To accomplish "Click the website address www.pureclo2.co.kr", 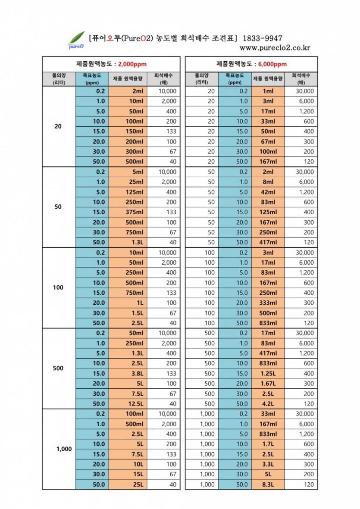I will tap(275, 48).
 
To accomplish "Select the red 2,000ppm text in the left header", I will tap(132, 64).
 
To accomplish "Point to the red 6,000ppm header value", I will tap(272, 64).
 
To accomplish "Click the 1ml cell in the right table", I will tap(268, 91).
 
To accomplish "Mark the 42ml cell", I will tap(268, 192).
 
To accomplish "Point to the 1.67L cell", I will tap(268, 384).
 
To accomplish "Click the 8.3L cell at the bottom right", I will tap(268, 484).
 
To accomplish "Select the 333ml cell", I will tap(268, 303).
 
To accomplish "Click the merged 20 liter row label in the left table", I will tap(58, 127).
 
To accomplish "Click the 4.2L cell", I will tap(268, 404).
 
